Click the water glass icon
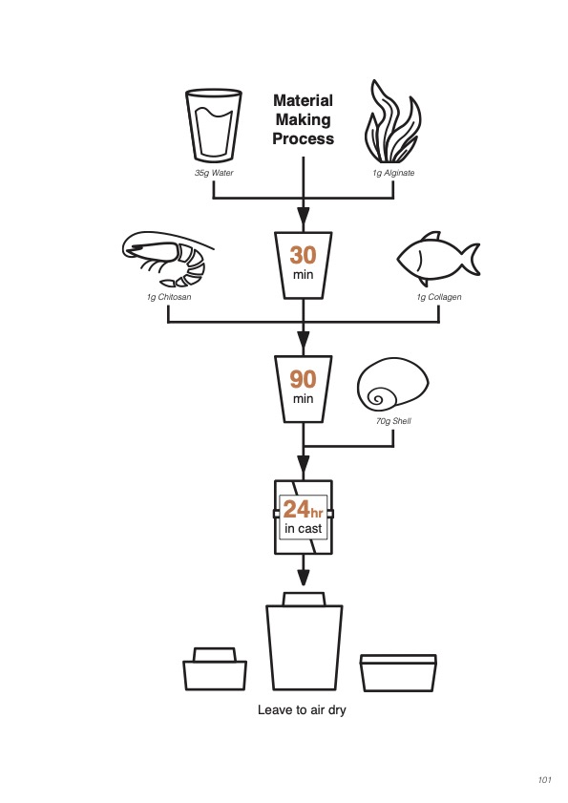(214, 125)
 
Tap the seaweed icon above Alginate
(393, 122)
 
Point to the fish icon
(438, 258)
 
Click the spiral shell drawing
(393, 387)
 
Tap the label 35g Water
(214, 173)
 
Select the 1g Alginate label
(393, 173)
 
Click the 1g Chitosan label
(169, 297)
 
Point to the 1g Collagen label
(439, 297)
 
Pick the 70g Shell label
(393, 421)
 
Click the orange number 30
(304, 255)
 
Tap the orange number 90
(304, 379)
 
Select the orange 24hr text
(303, 510)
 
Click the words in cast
(304, 529)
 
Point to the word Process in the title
(304, 138)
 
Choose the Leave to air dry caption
(302, 710)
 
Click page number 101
(544, 780)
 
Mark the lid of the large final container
(304, 600)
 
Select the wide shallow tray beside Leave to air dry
(398, 673)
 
